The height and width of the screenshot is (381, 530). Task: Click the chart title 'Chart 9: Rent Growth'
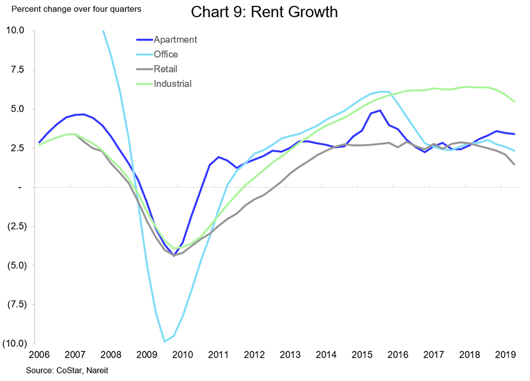(264, 12)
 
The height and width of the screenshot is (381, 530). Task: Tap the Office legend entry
(165, 54)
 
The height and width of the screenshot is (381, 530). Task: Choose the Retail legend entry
(165, 69)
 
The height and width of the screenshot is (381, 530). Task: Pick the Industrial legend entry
(173, 83)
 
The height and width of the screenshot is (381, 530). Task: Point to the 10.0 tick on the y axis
(15, 30)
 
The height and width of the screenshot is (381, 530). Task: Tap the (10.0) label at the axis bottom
(12, 344)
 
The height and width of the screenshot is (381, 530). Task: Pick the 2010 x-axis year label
(182, 355)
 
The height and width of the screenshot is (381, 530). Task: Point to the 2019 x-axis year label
(505, 355)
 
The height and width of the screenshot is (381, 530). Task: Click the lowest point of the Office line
(164, 342)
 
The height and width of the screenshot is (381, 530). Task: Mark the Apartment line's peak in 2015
(380, 110)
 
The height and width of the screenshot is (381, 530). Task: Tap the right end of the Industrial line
(514, 102)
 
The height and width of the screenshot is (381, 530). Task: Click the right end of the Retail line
(514, 164)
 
